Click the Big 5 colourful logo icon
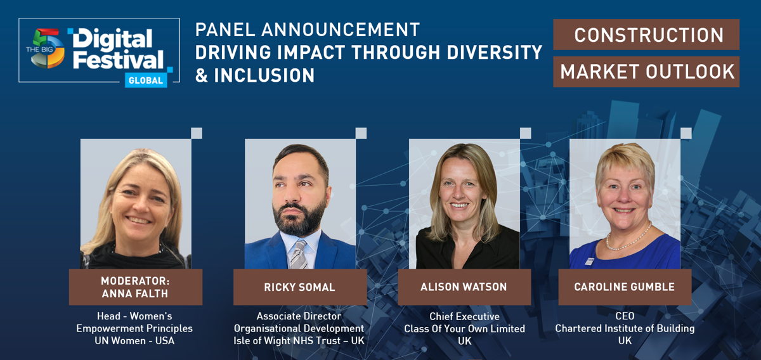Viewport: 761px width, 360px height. (45, 48)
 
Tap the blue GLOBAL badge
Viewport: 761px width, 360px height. (146, 80)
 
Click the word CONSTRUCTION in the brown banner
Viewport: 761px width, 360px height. (649, 35)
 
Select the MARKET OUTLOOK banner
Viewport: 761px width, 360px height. (646, 72)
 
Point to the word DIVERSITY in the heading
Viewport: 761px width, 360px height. (494, 53)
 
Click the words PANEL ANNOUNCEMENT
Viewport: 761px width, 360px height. (308, 30)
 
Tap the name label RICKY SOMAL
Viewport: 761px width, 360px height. (299, 287)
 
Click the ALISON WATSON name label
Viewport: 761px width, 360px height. (464, 287)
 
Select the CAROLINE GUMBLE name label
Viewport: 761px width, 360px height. (625, 287)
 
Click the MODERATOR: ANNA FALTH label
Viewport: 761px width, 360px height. (136, 287)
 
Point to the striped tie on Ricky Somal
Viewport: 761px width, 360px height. (299, 254)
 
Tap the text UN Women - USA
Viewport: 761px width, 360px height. (134, 340)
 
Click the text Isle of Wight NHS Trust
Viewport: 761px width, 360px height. (287, 340)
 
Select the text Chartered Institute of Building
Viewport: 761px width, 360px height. (625, 328)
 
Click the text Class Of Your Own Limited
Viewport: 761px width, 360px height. (464, 328)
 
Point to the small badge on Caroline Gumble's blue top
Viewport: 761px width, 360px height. (589, 261)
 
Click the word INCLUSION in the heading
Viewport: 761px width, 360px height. (264, 75)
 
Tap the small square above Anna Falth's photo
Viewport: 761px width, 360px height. (197, 133)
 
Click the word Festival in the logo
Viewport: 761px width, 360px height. (118, 60)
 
